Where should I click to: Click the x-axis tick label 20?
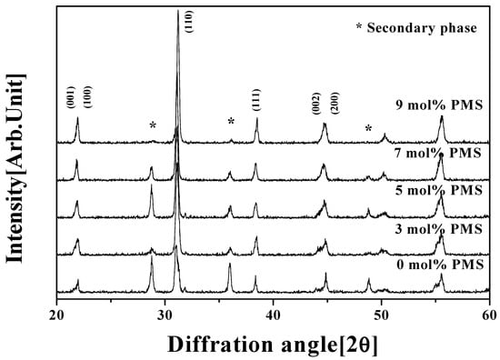tap(56, 315)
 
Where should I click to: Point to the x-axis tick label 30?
tap(165, 315)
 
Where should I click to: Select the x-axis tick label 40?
tap(273, 315)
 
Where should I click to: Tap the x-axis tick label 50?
tap(381, 315)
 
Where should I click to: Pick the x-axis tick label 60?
tap(489, 315)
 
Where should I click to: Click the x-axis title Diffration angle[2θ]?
tap(273, 345)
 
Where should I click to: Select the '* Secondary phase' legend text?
tap(416, 28)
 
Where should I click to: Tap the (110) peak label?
tap(189, 22)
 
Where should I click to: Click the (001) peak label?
tap(71, 97)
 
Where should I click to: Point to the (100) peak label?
tap(87, 97)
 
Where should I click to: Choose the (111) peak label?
tap(256, 100)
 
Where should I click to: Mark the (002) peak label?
tap(315, 104)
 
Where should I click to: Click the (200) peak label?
tap(335, 103)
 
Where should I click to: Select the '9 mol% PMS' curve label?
tap(439, 105)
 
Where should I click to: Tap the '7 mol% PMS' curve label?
tap(438, 153)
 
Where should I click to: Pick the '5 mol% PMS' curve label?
tap(439, 190)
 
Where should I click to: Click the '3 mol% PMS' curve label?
tap(439, 229)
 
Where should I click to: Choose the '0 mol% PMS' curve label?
tap(440, 265)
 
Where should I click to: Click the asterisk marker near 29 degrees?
tap(153, 125)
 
